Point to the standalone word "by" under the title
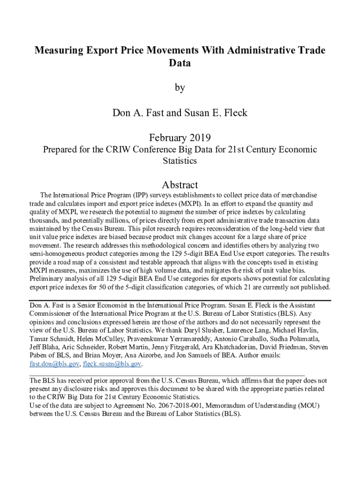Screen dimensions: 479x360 tap(180, 87)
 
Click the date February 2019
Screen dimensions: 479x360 tap(180, 138)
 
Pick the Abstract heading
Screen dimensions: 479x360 tap(180, 185)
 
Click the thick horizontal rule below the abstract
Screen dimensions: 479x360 tap(180, 300)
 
